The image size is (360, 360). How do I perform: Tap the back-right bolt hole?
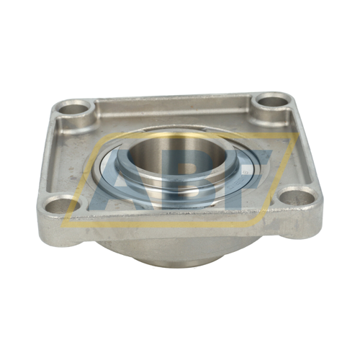point(273,102)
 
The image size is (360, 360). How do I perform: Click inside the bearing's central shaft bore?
point(177,156)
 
